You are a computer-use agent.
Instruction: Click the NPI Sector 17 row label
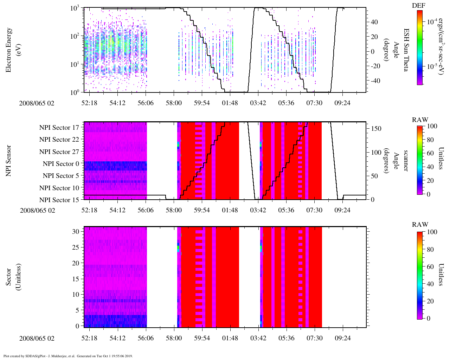point(59,128)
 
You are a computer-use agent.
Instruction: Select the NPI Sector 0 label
point(61,164)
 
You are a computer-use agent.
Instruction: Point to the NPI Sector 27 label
point(59,152)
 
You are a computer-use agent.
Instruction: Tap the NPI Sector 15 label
point(59,200)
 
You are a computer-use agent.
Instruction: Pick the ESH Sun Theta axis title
point(405,50)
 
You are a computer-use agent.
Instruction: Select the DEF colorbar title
point(419,6)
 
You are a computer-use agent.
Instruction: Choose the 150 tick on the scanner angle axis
point(376,129)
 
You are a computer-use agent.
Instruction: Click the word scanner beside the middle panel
point(405,161)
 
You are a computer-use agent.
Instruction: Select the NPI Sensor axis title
point(8,161)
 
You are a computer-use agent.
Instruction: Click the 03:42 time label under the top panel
point(258,103)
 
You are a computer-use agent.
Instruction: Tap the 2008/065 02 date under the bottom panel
point(37,339)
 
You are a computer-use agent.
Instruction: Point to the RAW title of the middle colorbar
point(420,120)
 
